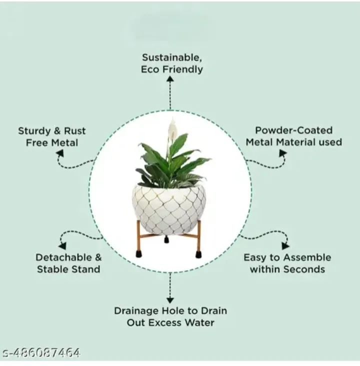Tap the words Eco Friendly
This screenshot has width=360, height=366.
[x=172, y=69]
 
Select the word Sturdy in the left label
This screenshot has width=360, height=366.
[x=34, y=131]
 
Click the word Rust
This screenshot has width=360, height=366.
[x=74, y=131]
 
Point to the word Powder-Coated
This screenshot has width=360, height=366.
[x=293, y=130]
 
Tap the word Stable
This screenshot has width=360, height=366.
[x=49, y=269]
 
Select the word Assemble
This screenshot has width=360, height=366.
[x=308, y=257]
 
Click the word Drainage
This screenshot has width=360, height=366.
[x=136, y=311]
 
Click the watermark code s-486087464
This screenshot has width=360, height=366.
[x=41, y=353]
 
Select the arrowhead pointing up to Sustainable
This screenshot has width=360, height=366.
[x=170, y=79]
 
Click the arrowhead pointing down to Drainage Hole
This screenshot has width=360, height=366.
[x=170, y=300]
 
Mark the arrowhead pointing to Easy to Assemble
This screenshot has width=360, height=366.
[x=285, y=246]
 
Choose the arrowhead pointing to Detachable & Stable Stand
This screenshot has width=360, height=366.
[x=63, y=246]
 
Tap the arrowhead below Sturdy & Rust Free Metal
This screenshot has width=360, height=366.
[x=60, y=153]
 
